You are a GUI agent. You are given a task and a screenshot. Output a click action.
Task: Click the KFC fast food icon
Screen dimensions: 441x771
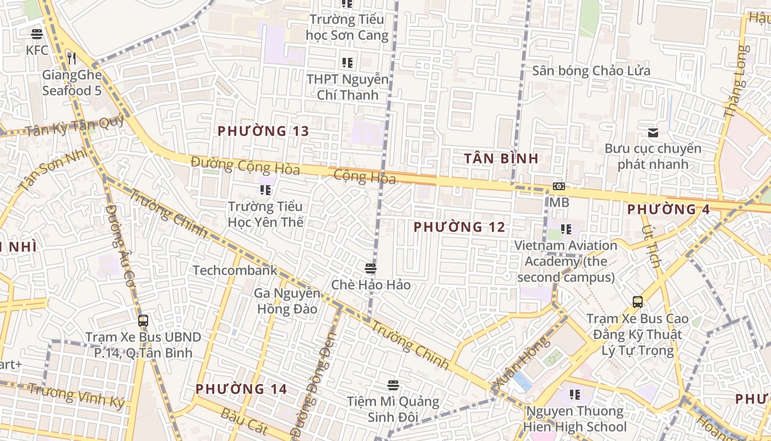click(x=37, y=34)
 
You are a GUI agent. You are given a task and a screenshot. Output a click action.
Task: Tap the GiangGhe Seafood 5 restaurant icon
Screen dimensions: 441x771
click(x=71, y=57)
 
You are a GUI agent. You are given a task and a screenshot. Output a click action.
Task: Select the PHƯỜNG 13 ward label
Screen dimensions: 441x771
click(x=263, y=131)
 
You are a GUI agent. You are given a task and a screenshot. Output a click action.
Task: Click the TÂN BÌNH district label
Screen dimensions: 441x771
click(x=501, y=159)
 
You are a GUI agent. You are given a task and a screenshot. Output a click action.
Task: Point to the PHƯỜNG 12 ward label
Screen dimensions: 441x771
click(x=459, y=227)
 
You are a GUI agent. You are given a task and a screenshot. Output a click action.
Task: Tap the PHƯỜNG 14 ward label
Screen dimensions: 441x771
click(x=241, y=389)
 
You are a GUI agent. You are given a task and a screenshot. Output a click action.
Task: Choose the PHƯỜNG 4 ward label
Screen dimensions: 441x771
click(x=669, y=209)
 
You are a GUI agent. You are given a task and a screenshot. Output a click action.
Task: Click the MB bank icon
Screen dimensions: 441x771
click(x=558, y=186)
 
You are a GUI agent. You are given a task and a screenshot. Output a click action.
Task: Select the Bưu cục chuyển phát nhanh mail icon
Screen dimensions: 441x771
click(x=653, y=132)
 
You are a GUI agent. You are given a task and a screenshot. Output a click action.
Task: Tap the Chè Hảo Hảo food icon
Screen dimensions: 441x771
click(x=370, y=268)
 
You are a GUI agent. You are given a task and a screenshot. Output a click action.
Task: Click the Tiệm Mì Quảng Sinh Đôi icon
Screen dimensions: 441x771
click(x=393, y=385)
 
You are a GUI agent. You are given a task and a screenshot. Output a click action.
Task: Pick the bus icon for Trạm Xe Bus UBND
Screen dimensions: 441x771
click(x=143, y=320)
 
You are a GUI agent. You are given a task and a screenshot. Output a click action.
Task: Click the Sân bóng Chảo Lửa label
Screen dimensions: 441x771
click(x=591, y=71)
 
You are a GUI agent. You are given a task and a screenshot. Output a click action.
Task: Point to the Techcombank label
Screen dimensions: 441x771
click(x=235, y=270)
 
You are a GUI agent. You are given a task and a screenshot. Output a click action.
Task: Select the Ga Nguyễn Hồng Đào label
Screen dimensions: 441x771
click(x=286, y=301)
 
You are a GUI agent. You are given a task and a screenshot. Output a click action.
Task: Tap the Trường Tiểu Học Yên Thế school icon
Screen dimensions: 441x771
click(x=265, y=190)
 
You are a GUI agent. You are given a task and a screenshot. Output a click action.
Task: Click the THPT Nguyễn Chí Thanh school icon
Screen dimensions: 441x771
click(x=347, y=63)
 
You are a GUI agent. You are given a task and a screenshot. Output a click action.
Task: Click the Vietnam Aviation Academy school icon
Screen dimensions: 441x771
click(x=566, y=229)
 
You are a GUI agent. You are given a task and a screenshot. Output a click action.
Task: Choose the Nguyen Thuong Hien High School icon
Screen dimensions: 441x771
click(x=575, y=395)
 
